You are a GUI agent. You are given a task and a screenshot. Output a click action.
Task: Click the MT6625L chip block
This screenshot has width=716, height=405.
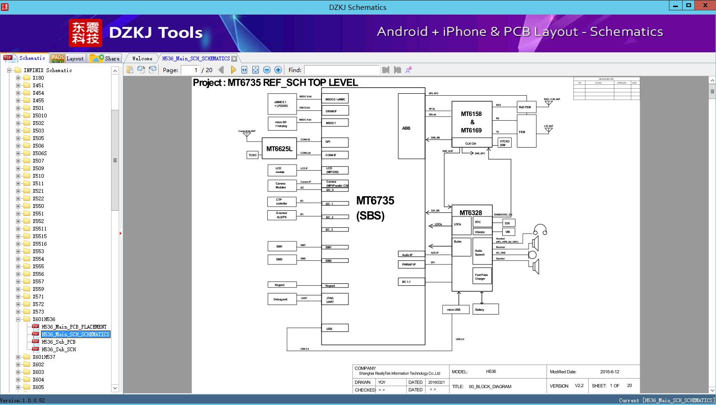(x=279, y=149)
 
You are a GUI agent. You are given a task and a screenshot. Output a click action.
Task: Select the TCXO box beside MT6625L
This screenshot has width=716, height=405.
(x=253, y=155)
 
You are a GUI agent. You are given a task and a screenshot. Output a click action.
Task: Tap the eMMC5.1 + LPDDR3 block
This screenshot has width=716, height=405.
(x=282, y=104)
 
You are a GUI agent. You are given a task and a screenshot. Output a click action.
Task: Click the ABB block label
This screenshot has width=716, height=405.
(x=406, y=128)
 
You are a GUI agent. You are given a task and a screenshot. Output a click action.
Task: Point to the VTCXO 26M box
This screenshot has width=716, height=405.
(x=504, y=143)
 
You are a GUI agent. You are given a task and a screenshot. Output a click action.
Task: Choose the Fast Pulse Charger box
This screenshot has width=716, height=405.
(x=482, y=276)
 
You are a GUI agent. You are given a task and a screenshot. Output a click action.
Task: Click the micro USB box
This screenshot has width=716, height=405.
(x=455, y=310)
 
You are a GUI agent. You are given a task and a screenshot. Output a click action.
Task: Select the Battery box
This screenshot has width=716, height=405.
(x=485, y=310)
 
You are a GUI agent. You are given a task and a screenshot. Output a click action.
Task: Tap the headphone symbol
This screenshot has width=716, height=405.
(x=540, y=230)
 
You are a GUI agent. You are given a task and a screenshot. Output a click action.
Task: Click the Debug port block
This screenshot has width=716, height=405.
(x=282, y=299)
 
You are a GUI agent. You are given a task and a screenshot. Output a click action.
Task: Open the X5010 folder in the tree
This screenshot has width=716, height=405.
(x=40, y=116)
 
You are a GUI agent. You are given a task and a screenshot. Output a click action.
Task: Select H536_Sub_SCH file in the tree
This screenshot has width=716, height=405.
(x=58, y=349)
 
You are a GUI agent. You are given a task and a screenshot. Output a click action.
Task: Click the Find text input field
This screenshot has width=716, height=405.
(x=341, y=70)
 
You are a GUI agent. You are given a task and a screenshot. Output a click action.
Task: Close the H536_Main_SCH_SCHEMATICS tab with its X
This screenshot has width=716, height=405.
(x=234, y=58)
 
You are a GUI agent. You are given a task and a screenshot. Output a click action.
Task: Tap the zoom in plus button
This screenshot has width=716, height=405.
(x=278, y=70)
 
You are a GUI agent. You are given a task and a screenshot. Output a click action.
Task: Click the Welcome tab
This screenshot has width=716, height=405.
(x=142, y=58)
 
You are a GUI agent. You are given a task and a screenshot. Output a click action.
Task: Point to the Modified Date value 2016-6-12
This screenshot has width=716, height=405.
(x=610, y=372)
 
